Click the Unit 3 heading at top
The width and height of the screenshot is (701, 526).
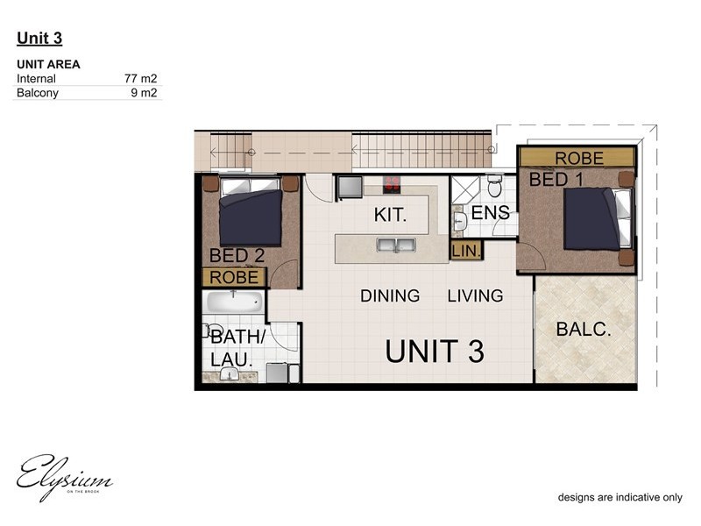[39, 38]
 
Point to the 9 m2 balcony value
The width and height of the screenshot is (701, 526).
[144, 92]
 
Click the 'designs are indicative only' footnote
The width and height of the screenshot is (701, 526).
[620, 497]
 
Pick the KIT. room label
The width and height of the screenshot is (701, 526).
[390, 215]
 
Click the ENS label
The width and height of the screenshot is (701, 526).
[490, 214]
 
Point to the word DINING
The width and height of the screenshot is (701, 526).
[390, 295]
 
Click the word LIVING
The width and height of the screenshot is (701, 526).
[475, 295]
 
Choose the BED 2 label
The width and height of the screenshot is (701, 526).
[237, 256]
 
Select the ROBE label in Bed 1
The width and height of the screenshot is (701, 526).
[579, 158]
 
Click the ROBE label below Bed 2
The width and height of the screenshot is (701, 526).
[235, 277]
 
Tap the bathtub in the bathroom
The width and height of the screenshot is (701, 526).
[234, 302]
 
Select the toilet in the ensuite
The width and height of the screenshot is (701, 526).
[494, 186]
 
